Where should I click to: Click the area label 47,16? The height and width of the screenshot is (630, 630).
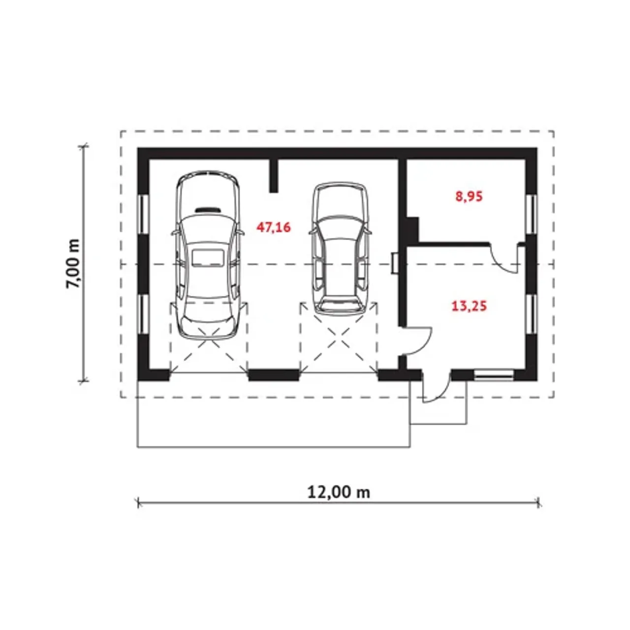click(x=273, y=227)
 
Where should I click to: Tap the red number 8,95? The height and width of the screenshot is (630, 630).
click(x=469, y=196)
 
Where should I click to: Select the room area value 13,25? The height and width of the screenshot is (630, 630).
click(x=469, y=306)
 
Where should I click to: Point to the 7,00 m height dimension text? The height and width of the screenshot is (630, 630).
click(x=73, y=264)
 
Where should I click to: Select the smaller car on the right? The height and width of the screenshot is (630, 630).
click(x=340, y=249)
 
